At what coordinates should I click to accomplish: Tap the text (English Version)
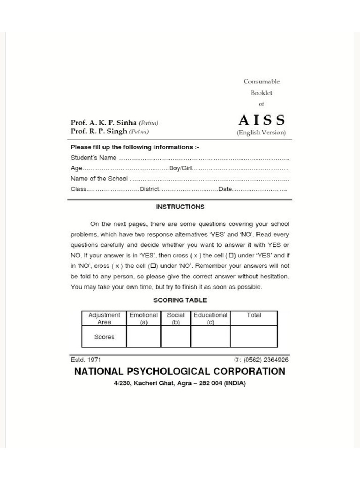(261, 133)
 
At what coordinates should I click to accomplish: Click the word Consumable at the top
(262, 81)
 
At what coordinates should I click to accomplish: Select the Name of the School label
(99, 179)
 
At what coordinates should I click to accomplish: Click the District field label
(150, 189)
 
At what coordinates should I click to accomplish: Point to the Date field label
(225, 189)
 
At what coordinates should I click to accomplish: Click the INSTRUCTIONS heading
(180, 206)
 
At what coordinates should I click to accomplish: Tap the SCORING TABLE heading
(180, 300)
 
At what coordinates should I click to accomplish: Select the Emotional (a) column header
(143, 319)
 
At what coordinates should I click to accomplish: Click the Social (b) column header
(176, 319)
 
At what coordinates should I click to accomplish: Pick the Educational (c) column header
(210, 319)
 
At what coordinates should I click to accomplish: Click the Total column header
(254, 315)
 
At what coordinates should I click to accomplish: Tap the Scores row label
(104, 337)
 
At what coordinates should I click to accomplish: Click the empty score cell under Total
(254, 337)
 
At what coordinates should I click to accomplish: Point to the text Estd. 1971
(86, 360)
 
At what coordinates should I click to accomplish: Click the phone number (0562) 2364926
(265, 360)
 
